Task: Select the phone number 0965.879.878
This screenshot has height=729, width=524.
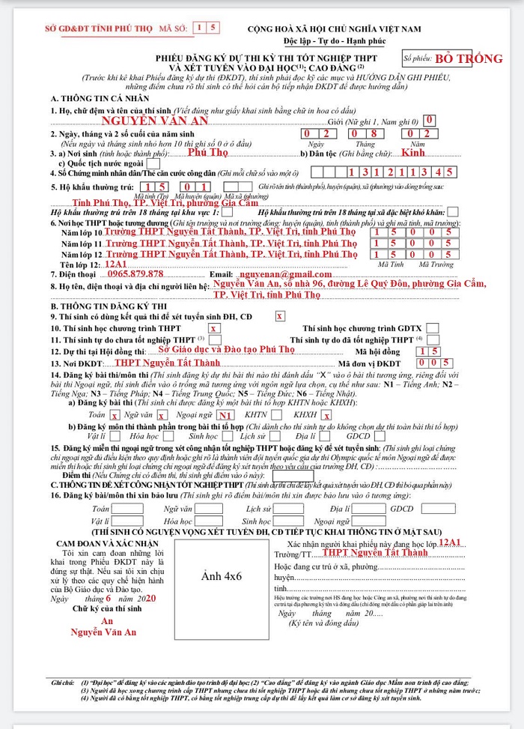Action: click(x=135, y=274)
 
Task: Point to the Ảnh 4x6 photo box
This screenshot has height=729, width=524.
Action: click(x=222, y=577)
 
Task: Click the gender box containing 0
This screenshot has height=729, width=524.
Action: click(x=428, y=120)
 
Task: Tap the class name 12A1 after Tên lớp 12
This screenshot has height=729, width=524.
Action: click(x=116, y=264)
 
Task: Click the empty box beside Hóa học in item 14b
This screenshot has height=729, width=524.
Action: click(x=171, y=436)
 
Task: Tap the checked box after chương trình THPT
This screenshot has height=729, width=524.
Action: click(x=214, y=328)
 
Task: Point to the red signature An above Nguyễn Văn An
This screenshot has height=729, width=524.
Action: click(x=107, y=621)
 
